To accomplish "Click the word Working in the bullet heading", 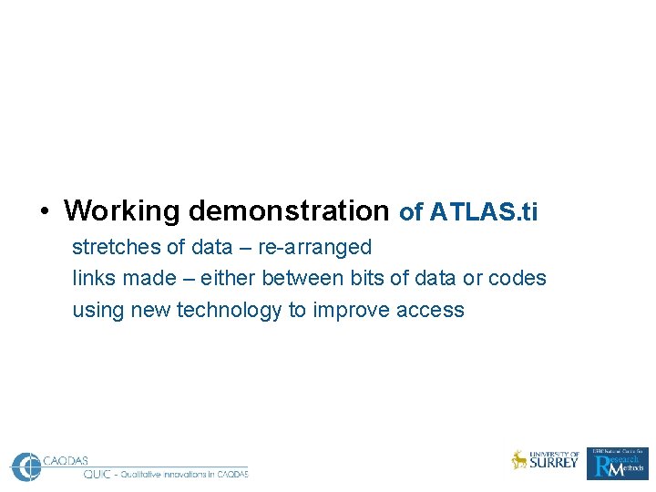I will [122, 211].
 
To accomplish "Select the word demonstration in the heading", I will [289, 211].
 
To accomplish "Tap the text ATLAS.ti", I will [484, 212].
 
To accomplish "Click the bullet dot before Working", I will [44, 212].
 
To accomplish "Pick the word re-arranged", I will [315, 247].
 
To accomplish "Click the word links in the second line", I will [91, 278].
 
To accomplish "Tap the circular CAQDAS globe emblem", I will [26, 466].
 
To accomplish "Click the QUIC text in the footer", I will [97, 474].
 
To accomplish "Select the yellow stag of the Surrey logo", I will [519, 460].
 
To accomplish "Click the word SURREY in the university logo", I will [554, 463].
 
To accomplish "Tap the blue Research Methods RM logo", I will [617, 464].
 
